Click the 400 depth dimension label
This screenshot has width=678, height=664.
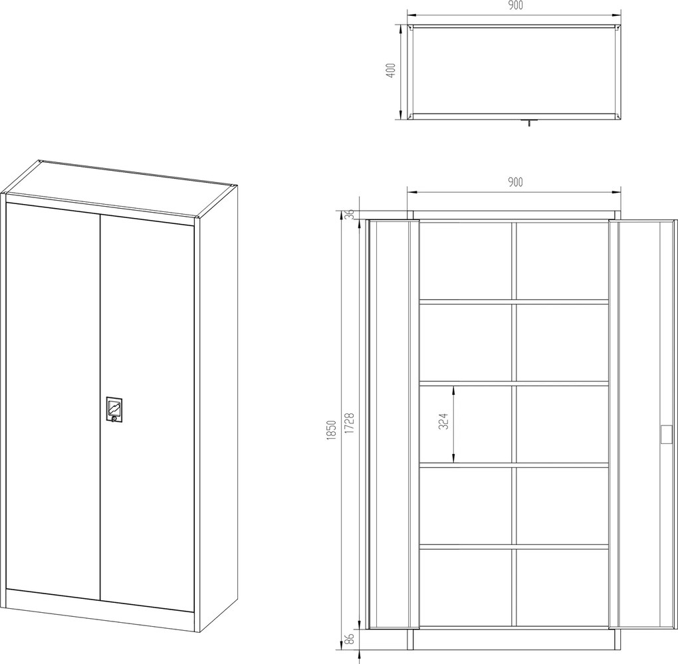tap(390, 70)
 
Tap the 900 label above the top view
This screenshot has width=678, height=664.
tap(514, 5)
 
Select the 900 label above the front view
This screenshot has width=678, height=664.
tap(514, 182)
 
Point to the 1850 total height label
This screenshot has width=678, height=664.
tap(332, 429)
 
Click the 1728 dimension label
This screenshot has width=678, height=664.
tap(350, 423)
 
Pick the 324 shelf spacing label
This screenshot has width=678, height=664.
tap(443, 421)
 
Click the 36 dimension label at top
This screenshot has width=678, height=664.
tap(350, 213)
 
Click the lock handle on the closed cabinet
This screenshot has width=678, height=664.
tap(114, 407)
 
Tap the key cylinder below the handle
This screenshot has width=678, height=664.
tap(114, 419)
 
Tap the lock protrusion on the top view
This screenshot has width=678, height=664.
tap(529, 123)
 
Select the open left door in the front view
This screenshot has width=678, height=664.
tap(392, 424)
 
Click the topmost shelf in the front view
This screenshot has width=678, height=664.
tap(514, 301)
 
